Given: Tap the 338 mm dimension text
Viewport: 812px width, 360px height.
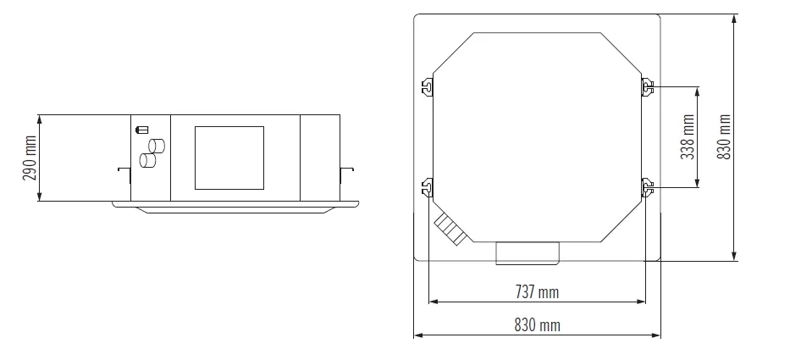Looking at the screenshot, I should coord(688,137).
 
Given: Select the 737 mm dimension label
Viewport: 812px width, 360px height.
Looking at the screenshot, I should coord(537,292).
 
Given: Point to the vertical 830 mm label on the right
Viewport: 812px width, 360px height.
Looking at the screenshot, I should coord(724,137).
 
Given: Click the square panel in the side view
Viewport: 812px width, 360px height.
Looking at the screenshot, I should coord(230,158).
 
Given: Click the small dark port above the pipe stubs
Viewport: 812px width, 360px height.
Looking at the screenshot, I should coord(141,130).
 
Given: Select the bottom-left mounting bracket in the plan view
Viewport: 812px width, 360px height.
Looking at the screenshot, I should coord(428,186).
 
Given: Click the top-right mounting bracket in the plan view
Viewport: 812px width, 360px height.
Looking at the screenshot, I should coord(647,86).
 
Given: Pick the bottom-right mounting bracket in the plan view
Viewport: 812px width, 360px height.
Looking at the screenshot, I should coord(647,186).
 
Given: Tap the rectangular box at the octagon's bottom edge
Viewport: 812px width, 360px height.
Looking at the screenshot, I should coord(527,252).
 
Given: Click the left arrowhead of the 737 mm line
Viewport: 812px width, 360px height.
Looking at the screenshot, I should coord(433,300).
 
